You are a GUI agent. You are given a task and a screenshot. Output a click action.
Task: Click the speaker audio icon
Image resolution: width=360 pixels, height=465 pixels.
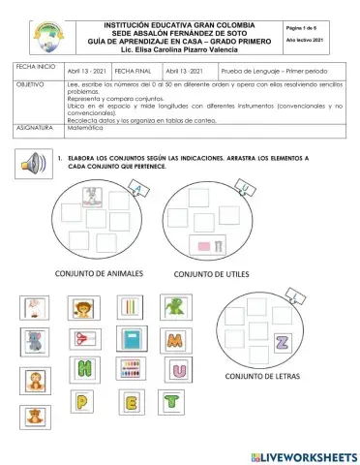tap(34, 162)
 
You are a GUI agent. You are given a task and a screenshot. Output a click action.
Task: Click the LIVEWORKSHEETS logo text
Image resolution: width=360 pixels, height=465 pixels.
tap(303, 455)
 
